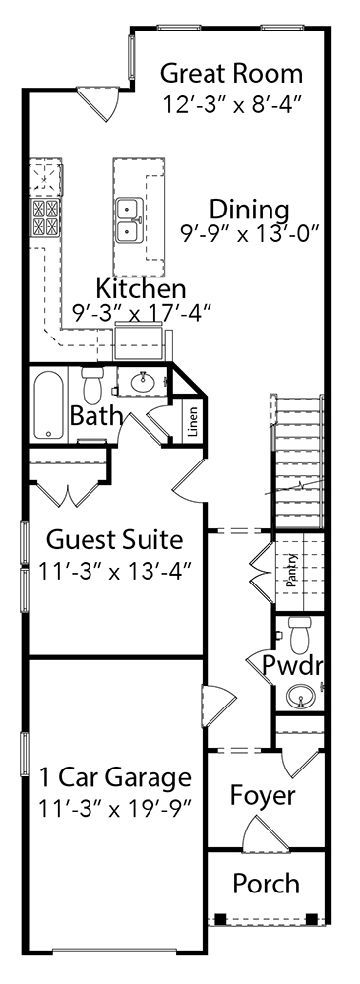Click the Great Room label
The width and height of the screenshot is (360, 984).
(231, 74)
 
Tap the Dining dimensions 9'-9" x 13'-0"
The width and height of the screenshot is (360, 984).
(250, 235)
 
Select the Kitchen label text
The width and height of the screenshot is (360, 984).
(141, 289)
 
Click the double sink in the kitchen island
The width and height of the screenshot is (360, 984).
(129, 218)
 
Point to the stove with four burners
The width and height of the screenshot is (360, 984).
(46, 217)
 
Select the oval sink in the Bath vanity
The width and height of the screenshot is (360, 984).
(145, 380)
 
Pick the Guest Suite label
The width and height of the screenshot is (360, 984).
(115, 539)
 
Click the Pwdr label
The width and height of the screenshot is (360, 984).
(291, 664)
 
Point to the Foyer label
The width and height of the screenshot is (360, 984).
(263, 796)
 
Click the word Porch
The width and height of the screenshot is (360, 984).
(266, 884)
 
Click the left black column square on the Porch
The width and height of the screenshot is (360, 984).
(220, 919)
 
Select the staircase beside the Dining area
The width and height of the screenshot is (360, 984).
(297, 461)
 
